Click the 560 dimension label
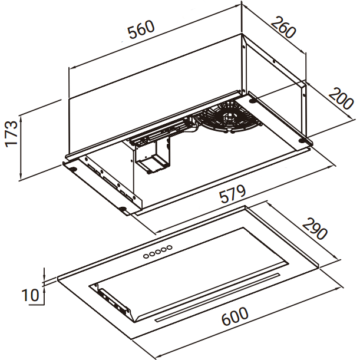click(x=141, y=29)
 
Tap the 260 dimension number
click(x=283, y=27)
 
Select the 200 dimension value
click(x=341, y=98)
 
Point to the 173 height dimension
click(x=11, y=134)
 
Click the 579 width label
click(x=232, y=194)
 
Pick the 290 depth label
click(x=315, y=229)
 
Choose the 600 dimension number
click(x=235, y=316)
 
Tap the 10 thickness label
click(x=30, y=295)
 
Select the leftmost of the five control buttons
click(x=146, y=256)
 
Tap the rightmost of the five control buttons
click(x=170, y=247)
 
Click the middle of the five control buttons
click(x=158, y=252)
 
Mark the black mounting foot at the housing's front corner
click(x=123, y=209)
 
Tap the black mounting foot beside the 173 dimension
click(x=73, y=169)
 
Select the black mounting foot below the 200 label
click(x=302, y=140)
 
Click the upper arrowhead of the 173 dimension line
click(x=21, y=118)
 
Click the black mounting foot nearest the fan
click(x=253, y=101)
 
